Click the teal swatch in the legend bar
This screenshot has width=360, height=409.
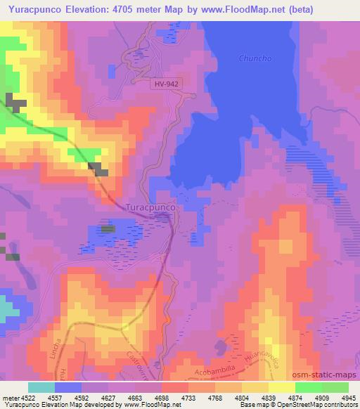click(41, 387)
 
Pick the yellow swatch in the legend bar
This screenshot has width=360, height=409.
click(281, 387)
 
